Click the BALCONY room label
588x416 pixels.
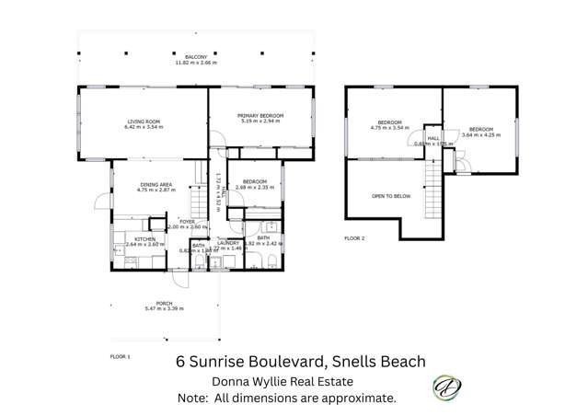[x=195, y=55]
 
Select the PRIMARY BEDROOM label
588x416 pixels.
[x=260, y=115]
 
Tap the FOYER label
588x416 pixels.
[x=188, y=221]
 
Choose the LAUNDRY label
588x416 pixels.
[x=227, y=243]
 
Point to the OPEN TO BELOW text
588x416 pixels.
[x=390, y=196]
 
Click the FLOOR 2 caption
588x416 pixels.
[x=354, y=237]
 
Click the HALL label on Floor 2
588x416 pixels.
[x=431, y=137]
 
